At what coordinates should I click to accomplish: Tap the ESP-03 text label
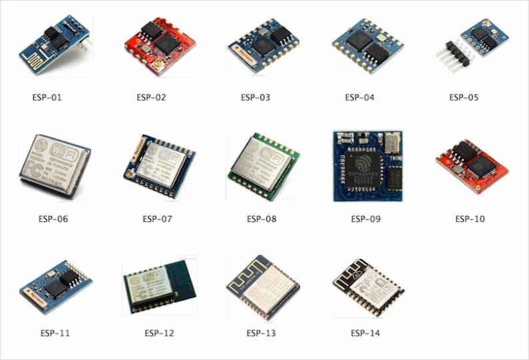pos(256,98)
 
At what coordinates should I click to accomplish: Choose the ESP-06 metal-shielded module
pos(55,166)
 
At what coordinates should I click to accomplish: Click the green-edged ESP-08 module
pos(262,166)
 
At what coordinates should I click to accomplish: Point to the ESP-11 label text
pos(55,333)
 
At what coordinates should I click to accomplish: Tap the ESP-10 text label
pos(470,219)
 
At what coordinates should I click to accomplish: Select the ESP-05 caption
pos(464,98)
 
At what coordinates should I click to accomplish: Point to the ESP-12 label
pos(159,333)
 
